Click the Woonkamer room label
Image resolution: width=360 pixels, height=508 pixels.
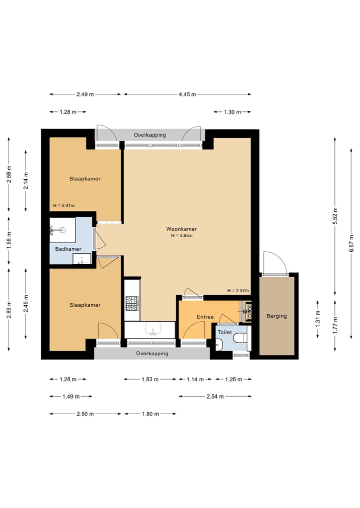181,229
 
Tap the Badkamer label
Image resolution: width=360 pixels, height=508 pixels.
68,249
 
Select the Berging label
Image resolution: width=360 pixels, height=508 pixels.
276,316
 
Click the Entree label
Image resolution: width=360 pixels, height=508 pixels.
205,317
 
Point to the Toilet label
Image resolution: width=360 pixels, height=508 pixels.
225,332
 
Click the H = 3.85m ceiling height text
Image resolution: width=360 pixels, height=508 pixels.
181,236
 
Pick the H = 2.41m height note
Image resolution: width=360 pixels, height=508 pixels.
64,205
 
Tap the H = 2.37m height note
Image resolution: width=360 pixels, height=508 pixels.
238,291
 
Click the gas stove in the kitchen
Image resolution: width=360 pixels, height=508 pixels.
132,304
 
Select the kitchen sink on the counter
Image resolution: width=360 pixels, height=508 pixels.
153,329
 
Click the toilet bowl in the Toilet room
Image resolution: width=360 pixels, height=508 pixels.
240,338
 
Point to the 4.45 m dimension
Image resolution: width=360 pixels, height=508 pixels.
187,94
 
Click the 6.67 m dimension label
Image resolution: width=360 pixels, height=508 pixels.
351,244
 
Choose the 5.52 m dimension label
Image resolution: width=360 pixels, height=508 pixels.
335,216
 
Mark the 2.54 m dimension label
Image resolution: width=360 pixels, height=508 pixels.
215,396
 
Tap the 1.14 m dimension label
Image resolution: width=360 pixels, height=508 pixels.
195,379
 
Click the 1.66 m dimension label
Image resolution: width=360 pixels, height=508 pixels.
9,240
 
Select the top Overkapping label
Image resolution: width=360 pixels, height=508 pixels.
150,135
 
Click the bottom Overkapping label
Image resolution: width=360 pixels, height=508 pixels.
152,354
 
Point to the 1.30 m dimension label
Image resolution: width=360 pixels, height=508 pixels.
232,112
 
